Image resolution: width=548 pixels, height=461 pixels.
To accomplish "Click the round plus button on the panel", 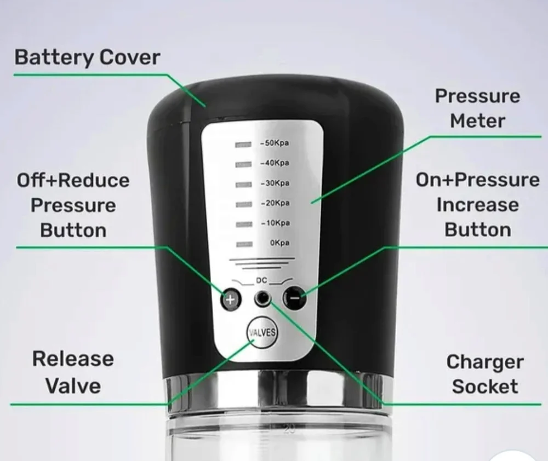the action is pos(231,299).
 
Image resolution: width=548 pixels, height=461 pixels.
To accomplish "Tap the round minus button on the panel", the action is pos(294,297).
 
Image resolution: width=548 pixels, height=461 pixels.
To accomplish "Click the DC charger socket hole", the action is pos(262,298).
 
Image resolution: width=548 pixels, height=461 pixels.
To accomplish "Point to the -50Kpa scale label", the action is pos(275,143).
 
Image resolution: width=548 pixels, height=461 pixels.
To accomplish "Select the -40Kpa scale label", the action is pos(275,163).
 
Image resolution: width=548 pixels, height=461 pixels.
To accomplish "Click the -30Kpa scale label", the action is pos(275,183).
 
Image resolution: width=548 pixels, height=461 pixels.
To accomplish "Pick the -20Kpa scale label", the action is pos(276,203).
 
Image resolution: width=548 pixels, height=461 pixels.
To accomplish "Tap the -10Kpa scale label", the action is pos(276,223).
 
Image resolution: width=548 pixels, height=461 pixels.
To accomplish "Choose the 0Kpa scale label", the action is pos(279,243).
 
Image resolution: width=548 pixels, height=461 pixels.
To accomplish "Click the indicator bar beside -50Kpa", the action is pos(243,144).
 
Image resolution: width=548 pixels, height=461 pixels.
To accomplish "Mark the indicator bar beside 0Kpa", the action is pos(244,245).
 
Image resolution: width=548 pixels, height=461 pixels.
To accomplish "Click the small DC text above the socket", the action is pos(261,280).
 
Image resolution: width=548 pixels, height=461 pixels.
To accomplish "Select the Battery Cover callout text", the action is pos(87,57).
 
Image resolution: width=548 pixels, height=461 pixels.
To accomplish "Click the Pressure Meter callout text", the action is pos(477,108).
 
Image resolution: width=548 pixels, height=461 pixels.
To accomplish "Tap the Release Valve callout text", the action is pos(73,372).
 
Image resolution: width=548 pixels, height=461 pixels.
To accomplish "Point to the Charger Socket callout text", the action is pos(485,374).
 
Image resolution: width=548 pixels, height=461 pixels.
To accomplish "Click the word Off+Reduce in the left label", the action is pos(73,180).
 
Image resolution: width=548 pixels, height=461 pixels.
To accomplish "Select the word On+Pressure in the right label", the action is pos(477,180).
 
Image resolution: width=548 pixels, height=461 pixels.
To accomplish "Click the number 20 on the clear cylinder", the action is pos(289,429).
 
